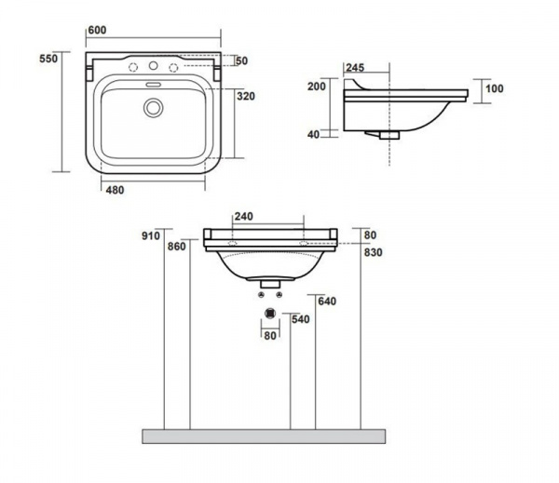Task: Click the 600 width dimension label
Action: point(97,31)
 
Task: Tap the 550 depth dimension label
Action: point(48,59)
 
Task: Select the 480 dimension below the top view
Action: point(116,190)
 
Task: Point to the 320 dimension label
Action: point(246,96)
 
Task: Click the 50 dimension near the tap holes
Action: point(241,60)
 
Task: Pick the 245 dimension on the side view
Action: point(355,68)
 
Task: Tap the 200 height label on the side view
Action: point(317,87)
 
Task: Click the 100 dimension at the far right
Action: point(495,88)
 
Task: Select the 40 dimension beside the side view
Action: point(313,135)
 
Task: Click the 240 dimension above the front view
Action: point(244,217)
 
